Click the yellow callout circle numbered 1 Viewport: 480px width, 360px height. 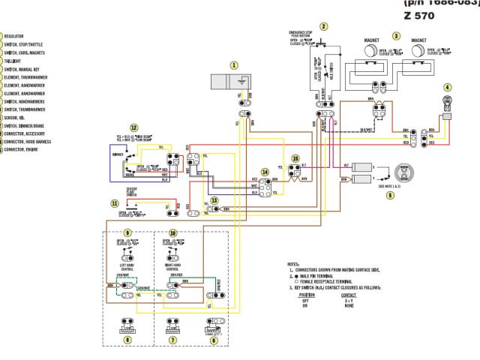[x=233, y=65]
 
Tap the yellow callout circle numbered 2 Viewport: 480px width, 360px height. [x=323, y=26]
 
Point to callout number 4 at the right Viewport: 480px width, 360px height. [x=448, y=87]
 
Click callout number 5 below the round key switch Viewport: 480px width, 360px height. [x=390, y=195]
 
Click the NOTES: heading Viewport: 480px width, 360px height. [x=293, y=265]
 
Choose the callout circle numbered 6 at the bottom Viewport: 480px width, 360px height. [x=214, y=340]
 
